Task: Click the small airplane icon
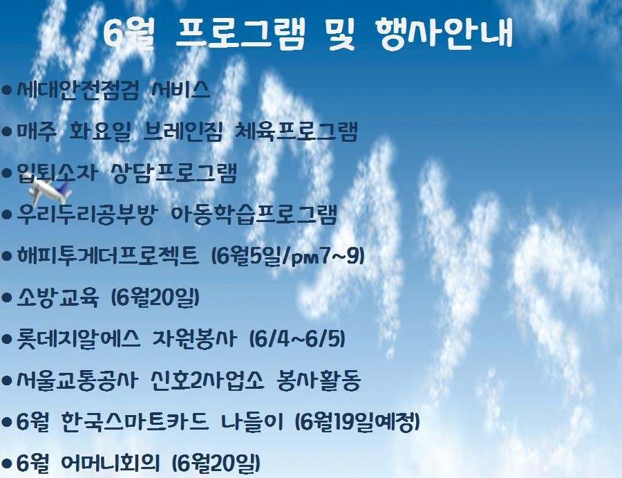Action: point(49,192)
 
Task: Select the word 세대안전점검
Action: point(78,90)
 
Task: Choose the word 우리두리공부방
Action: point(87,214)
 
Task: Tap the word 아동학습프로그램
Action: point(254,214)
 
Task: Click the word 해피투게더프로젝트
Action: point(108,256)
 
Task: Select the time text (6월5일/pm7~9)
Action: point(288,257)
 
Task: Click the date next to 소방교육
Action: point(155,298)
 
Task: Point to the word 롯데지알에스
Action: point(79,340)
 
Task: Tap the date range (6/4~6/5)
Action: point(297,340)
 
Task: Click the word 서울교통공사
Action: point(77,381)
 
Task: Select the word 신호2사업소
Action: point(207,381)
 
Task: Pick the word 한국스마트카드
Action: point(135,423)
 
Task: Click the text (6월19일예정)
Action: point(358,423)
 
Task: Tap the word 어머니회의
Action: point(111,463)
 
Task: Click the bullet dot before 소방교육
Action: point(7,298)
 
